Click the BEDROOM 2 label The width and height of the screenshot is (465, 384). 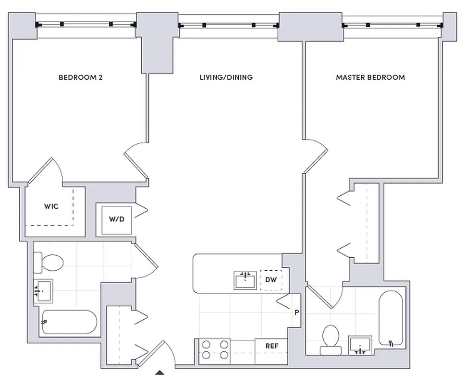[x=81, y=77]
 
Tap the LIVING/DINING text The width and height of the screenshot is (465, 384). [x=226, y=77]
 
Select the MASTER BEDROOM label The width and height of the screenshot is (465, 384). [x=370, y=77]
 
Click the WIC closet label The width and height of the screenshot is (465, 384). [x=51, y=206]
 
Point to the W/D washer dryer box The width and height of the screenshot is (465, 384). [x=116, y=219]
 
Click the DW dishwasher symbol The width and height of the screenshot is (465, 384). [x=271, y=280]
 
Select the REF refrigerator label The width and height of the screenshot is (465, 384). [x=272, y=346]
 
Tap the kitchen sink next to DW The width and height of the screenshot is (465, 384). [x=245, y=280]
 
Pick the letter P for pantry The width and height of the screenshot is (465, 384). [x=296, y=312]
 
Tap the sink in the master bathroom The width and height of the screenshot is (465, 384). [x=360, y=345]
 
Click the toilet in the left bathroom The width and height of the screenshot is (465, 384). [x=48, y=264]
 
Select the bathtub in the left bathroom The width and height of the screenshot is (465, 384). [x=69, y=322]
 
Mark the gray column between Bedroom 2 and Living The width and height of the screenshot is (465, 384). [x=157, y=48]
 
